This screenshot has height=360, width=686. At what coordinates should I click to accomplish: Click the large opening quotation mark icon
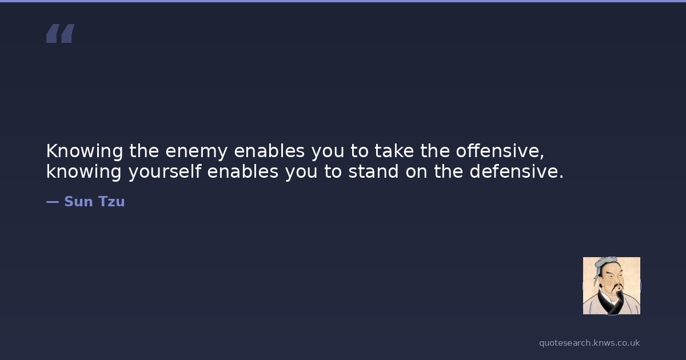61,33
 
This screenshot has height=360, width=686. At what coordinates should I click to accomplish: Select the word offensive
497,151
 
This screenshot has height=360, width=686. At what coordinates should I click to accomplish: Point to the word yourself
165,173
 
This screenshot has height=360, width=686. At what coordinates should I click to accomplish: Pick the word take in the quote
394,151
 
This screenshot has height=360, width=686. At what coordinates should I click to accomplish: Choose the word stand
374,171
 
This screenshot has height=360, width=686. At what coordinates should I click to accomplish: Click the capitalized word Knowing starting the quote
85,152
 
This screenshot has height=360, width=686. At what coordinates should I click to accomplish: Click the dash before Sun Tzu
53,202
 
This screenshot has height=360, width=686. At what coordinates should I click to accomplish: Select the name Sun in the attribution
78,201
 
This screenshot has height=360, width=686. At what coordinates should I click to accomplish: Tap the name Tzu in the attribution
111,201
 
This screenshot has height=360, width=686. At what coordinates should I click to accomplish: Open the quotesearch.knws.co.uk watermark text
589,343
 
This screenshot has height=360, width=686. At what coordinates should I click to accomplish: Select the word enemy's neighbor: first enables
269,151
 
